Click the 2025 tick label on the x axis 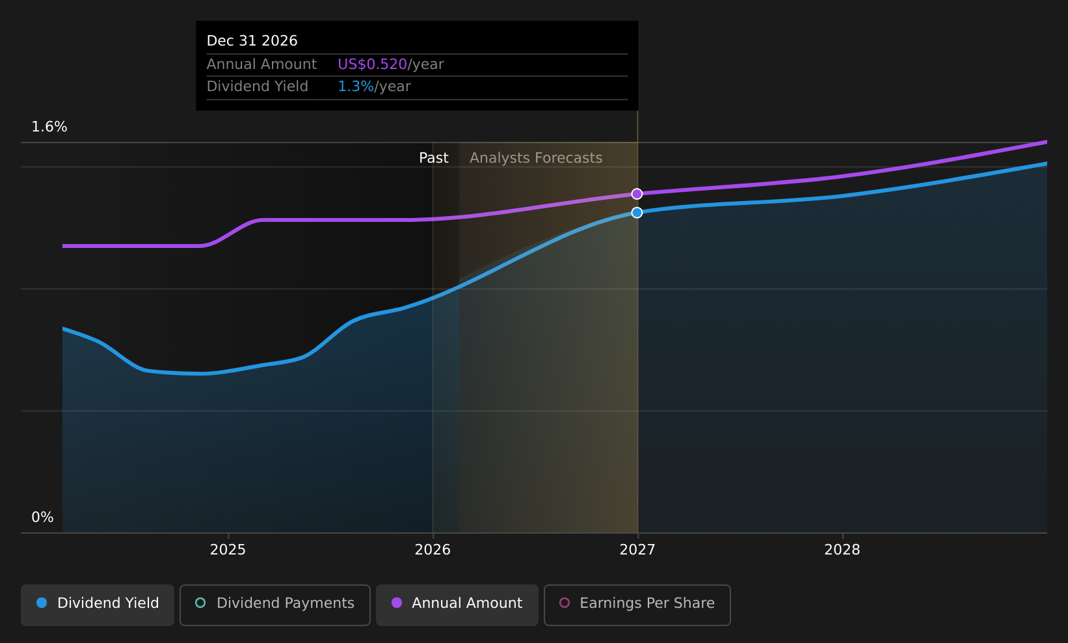(228, 550)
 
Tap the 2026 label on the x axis (433, 550)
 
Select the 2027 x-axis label (637, 550)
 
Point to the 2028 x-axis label (842, 550)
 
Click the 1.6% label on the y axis (49, 127)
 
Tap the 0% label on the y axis (42, 517)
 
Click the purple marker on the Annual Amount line (637, 194)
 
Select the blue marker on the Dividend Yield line (637, 212)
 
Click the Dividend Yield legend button (98, 605)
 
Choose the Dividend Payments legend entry (275, 605)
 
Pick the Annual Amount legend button (457, 605)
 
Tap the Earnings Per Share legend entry (637, 605)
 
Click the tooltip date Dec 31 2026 (252, 41)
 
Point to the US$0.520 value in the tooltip (373, 64)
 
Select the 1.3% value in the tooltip (356, 87)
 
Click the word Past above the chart (433, 158)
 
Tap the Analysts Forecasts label (536, 158)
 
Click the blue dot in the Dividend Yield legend (42, 603)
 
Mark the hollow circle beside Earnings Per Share (565, 603)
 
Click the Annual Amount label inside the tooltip (261, 64)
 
